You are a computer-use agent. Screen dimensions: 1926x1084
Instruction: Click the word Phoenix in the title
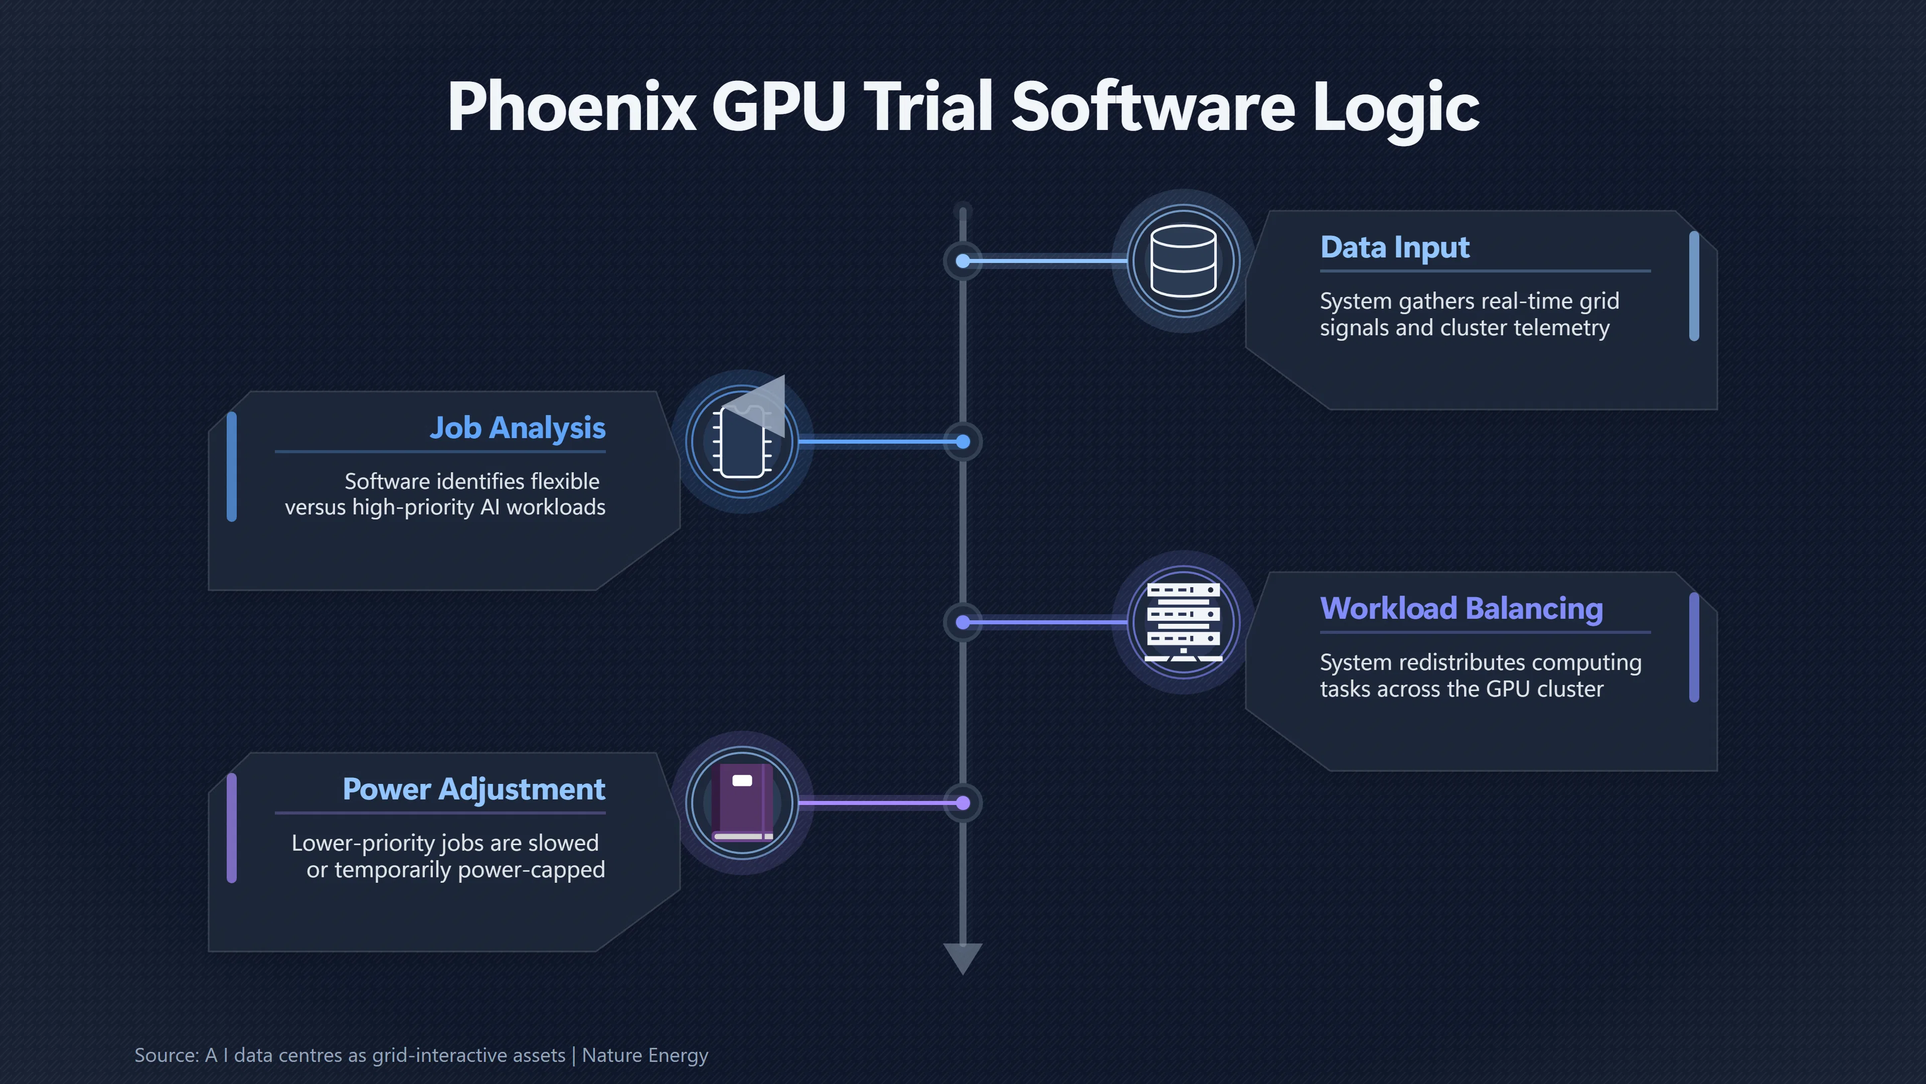pos(572,106)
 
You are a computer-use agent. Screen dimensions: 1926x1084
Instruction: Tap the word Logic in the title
pos(1395,109)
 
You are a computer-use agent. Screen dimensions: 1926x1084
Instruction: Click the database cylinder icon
pos(1184,261)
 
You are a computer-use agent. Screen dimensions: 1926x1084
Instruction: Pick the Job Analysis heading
pos(518,429)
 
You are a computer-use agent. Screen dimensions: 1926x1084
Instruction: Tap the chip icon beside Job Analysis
pos(742,442)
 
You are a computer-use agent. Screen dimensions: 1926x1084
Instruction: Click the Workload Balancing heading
pos(1462,609)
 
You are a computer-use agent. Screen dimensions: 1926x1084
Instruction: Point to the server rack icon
pos(1184,622)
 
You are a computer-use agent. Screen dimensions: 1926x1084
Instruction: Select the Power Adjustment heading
pos(474,790)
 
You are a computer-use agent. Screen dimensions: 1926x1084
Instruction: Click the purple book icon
pos(742,803)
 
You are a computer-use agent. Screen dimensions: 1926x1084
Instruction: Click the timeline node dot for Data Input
pos(963,261)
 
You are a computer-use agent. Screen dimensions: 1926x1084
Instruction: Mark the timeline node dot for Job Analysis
pos(963,442)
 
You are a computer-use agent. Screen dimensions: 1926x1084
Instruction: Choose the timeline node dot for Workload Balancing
pos(963,622)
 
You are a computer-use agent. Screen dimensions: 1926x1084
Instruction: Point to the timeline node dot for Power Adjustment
pos(963,803)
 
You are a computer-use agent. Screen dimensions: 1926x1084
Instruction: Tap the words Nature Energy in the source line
pos(645,1055)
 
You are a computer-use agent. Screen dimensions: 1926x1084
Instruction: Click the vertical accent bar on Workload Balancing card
pos(1694,648)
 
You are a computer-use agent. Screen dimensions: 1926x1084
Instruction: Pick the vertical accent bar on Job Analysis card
pos(232,467)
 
